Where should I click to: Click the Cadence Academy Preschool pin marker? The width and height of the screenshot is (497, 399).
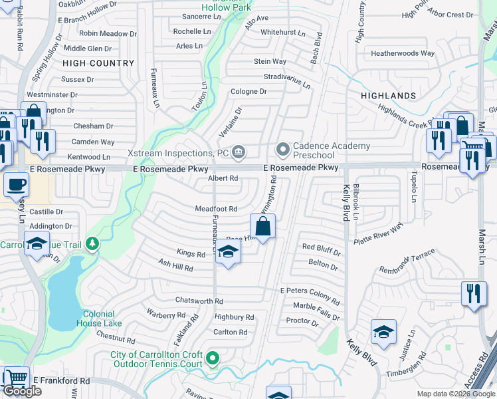click(x=283, y=148)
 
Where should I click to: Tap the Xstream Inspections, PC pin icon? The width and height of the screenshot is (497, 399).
click(x=239, y=153)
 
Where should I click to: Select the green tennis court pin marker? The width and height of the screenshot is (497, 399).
click(x=213, y=360)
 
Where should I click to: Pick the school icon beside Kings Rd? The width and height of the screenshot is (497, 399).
click(x=228, y=252)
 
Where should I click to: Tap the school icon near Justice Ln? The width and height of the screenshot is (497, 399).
click(x=383, y=332)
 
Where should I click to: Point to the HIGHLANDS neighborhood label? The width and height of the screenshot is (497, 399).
click(x=388, y=96)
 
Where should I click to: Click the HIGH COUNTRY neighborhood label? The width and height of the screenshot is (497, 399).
click(x=98, y=63)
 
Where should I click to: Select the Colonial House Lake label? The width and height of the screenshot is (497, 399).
click(x=102, y=319)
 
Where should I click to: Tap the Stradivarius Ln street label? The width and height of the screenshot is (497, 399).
click(x=287, y=80)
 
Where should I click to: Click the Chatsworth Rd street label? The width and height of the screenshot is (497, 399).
click(x=199, y=301)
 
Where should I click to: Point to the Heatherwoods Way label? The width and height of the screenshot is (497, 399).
click(x=403, y=53)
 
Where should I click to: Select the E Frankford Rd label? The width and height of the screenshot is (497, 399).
click(x=61, y=380)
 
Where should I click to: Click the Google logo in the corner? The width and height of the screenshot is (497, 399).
click(x=23, y=391)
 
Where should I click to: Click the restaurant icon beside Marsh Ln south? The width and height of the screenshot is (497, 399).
click(x=472, y=293)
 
